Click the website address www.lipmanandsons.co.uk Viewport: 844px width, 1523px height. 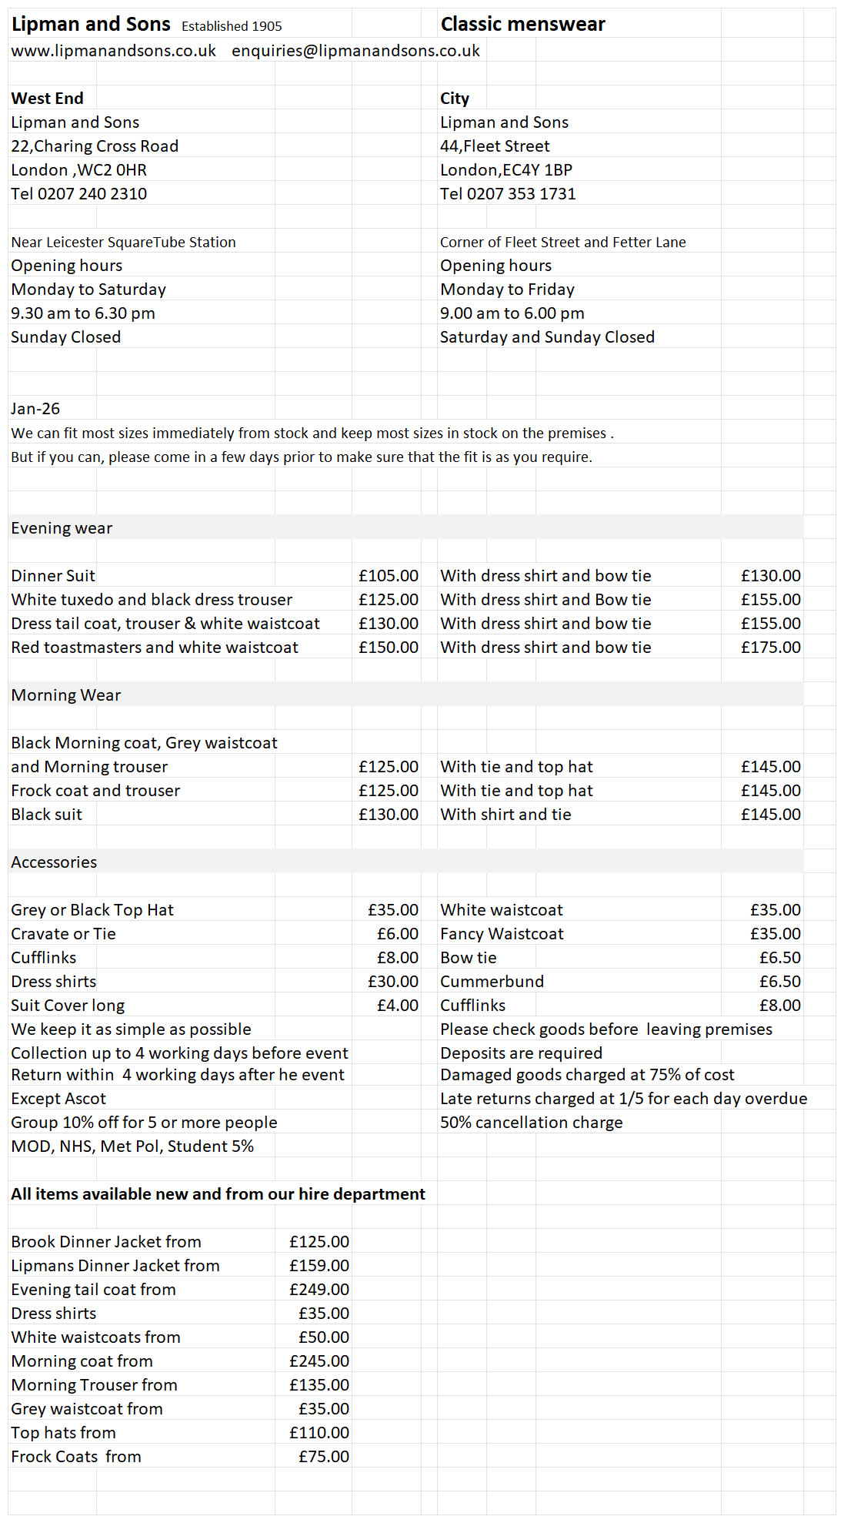(113, 51)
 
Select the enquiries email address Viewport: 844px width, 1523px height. (355, 51)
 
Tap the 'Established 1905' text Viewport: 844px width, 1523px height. (232, 26)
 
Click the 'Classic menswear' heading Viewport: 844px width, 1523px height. (522, 25)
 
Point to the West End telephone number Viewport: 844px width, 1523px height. (78, 194)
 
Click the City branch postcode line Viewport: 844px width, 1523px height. (505, 170)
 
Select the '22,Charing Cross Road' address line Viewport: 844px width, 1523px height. (95, 146)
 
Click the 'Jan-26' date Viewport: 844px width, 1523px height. (35, 409)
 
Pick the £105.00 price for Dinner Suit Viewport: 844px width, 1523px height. (389, 576)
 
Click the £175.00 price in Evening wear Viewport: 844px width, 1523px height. (771, 648)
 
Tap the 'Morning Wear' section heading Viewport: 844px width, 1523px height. (66, 695)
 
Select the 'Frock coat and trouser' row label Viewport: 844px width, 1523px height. (95, 791)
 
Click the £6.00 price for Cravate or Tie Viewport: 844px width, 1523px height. (398, 934)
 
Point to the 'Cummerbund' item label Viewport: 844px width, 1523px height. (492, 982)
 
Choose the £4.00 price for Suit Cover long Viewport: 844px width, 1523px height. (398, 1006)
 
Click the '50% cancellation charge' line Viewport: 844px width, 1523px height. (531, 1123)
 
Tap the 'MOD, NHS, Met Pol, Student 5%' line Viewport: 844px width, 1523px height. (132, 1146)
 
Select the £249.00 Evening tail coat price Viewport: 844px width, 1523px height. (319, 1290)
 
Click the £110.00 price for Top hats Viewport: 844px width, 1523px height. (319, 1433)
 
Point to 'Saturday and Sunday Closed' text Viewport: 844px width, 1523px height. (547, 337)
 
